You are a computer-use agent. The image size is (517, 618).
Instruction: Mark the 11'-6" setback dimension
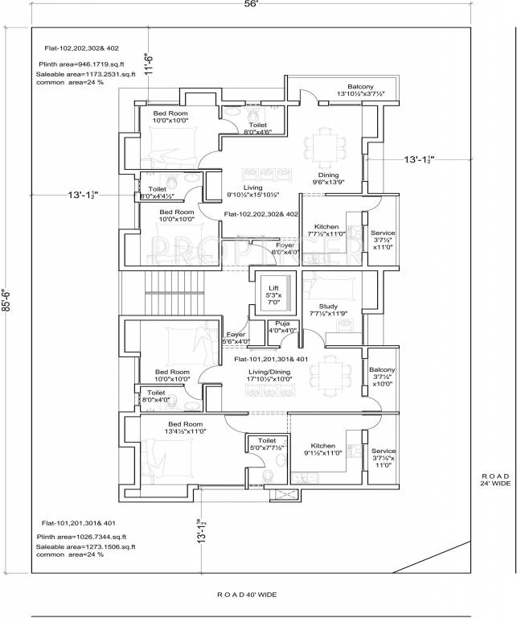click(148, 60)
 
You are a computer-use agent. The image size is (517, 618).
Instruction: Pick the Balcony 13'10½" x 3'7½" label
click(360, 90)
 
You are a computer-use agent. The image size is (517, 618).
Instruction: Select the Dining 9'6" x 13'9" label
click(328, 179)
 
